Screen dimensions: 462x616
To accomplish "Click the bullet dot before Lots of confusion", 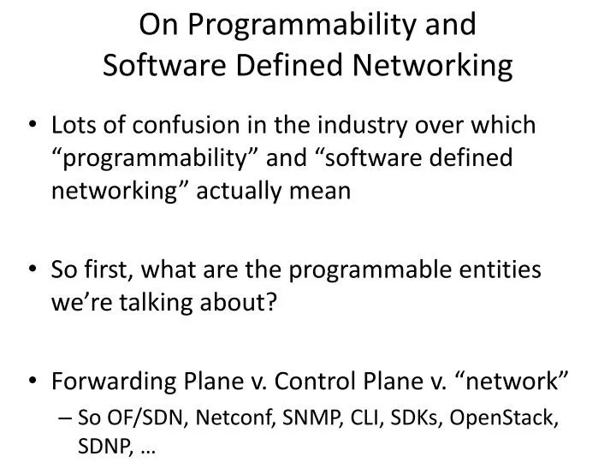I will coord(32,127).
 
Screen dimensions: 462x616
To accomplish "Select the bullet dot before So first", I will coord(32,271).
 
